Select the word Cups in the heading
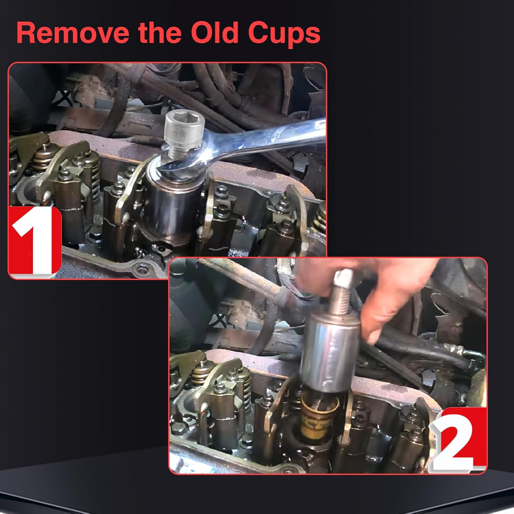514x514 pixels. [284, 34]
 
